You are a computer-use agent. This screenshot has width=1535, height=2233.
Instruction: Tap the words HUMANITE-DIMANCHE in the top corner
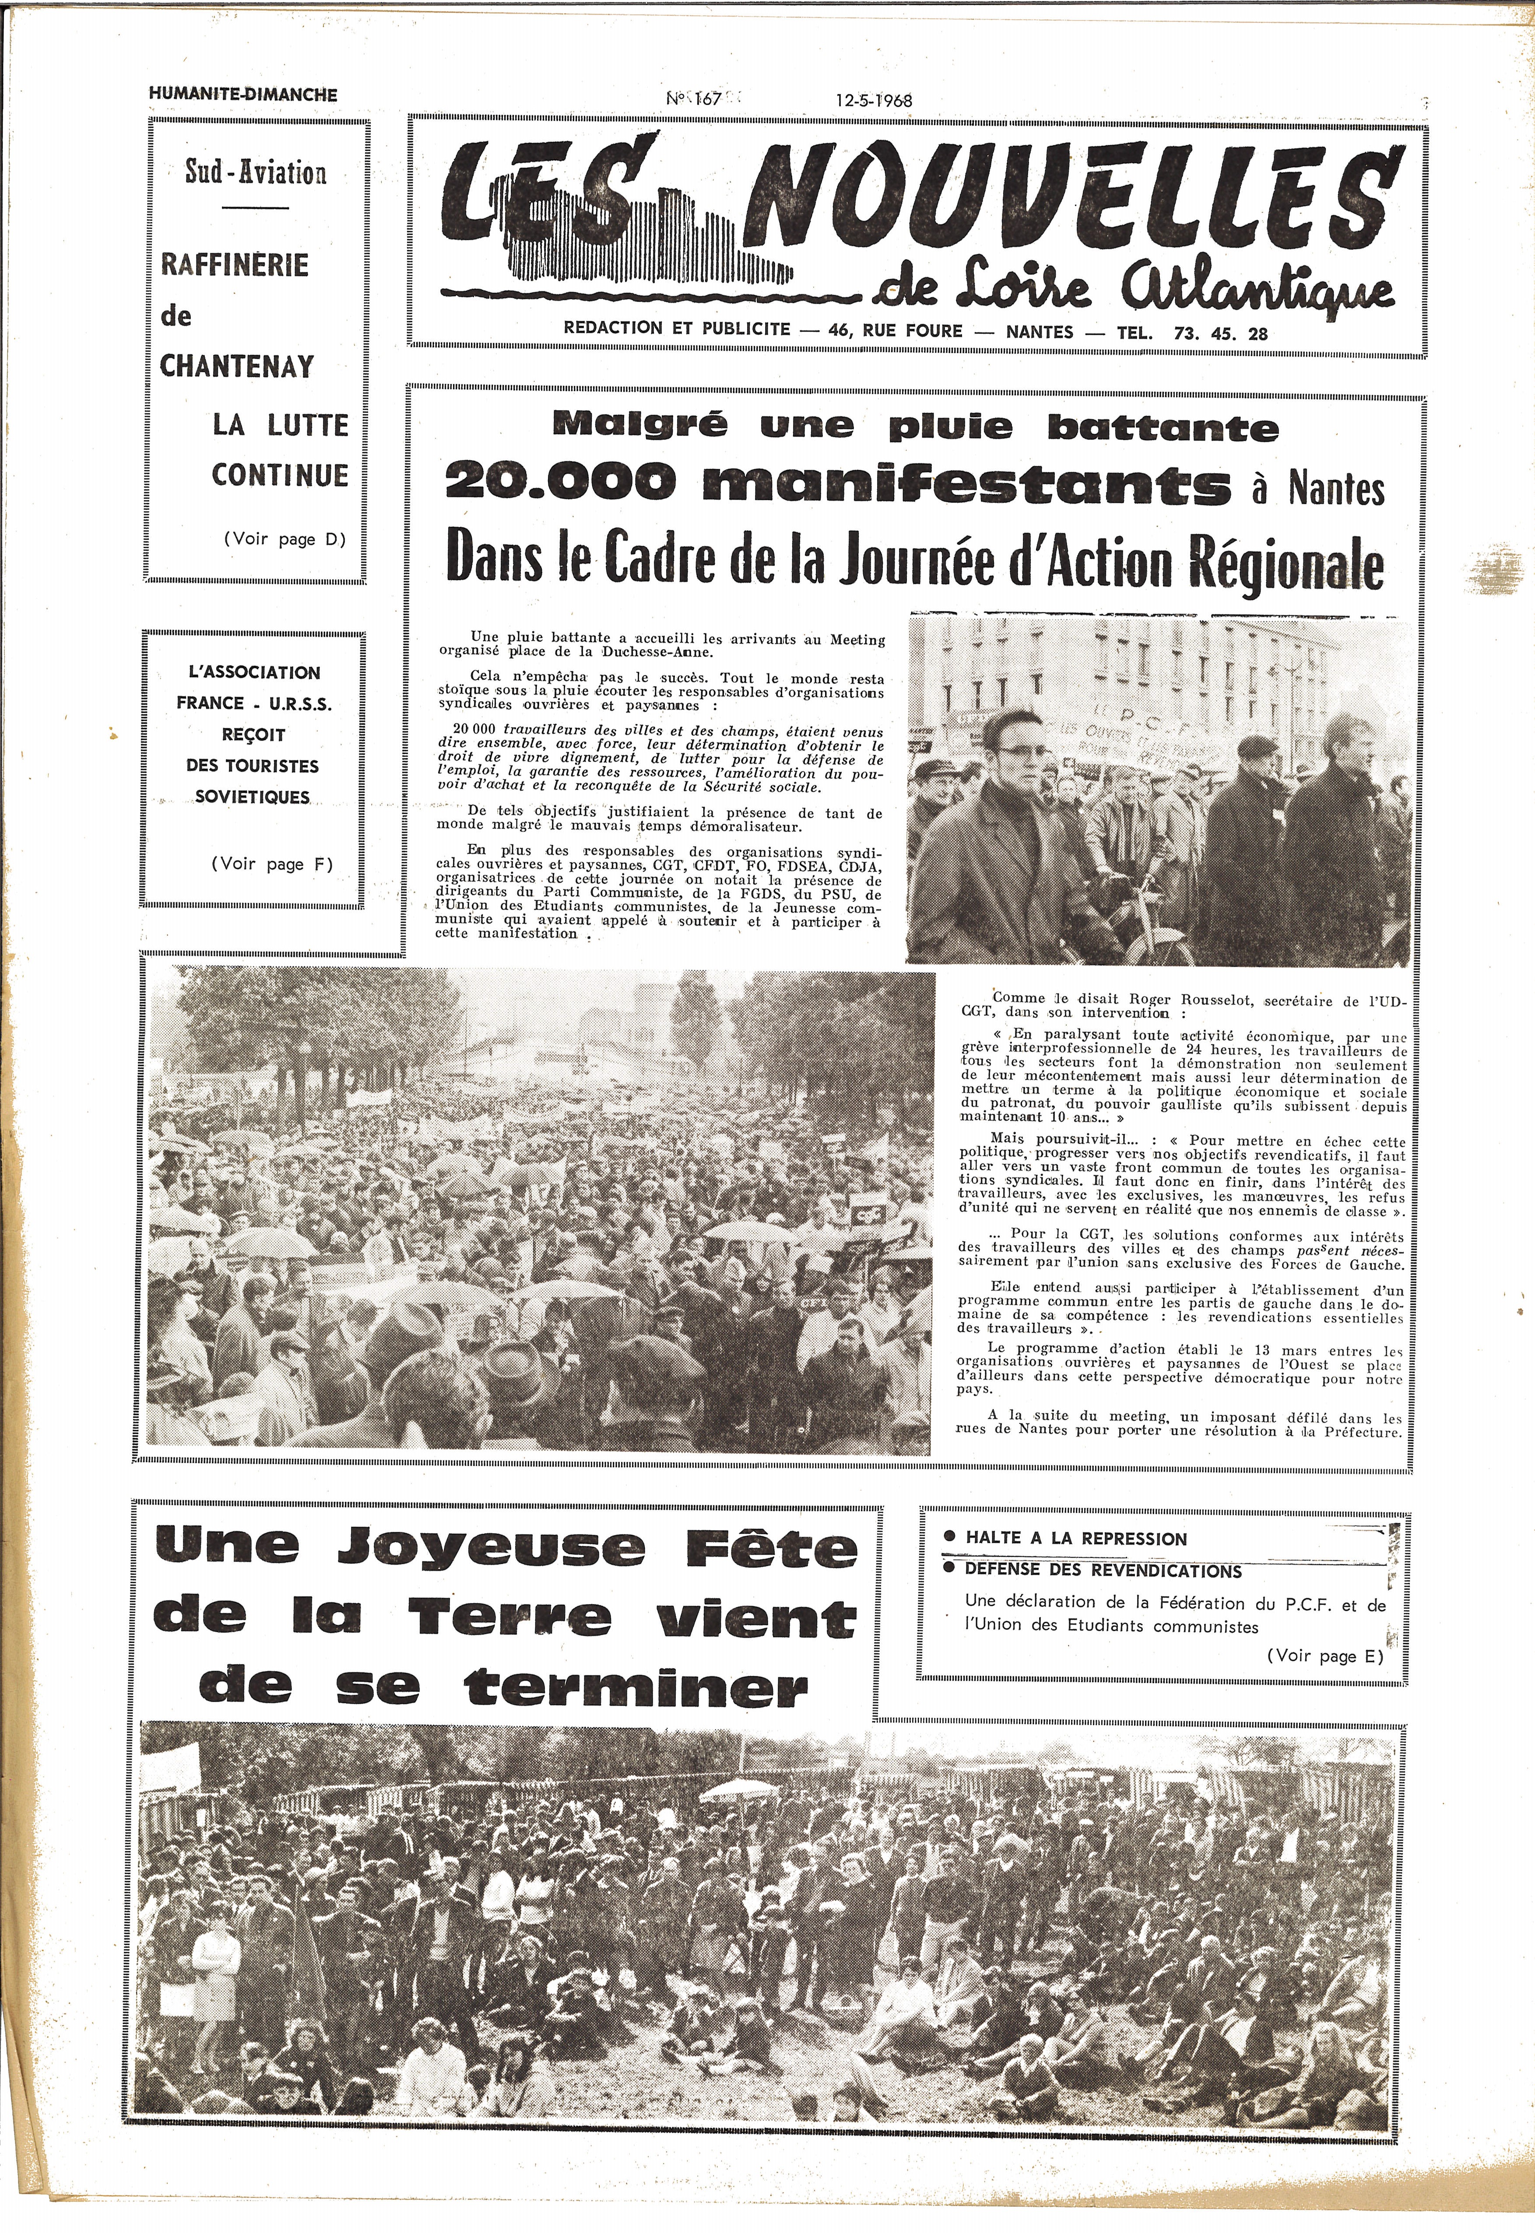click(x=243, y=94)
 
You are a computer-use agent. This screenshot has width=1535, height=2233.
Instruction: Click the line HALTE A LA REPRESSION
click(x=1076, y=1539)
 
